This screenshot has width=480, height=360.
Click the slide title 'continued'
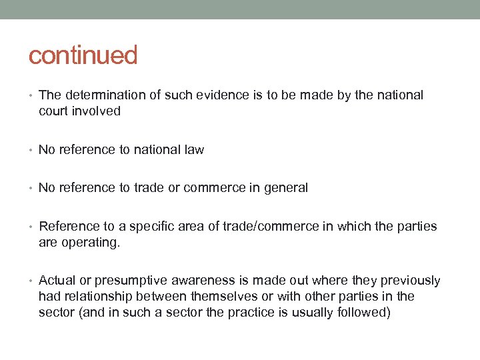click(83, 55)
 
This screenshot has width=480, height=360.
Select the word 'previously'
click(411, 281)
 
